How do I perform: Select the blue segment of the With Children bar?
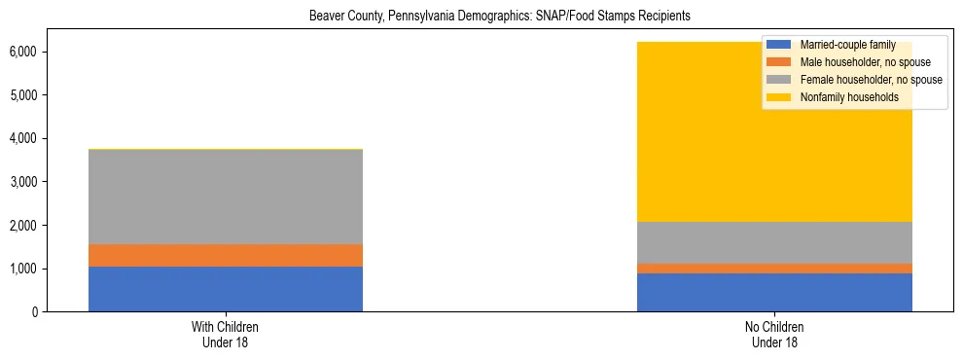click(226, 289)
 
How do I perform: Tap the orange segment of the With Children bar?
click(226, 255)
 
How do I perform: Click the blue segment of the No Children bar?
click(774, 292)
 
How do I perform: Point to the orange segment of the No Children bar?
click(774, 269)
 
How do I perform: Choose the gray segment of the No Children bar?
click(774, 242)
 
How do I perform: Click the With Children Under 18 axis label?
click(226, 334)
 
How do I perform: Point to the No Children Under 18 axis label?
click(774, 334)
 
